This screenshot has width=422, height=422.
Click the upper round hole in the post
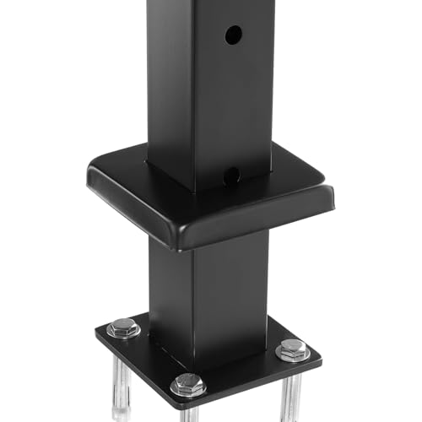click(x=234, y=35)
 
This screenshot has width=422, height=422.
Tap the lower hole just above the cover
click(x=231, y=176)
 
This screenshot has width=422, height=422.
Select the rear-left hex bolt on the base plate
click(x=124, y=327)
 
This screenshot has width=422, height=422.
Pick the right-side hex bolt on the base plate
click(x=292, y=348)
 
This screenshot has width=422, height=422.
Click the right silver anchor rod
click(x=290, y=392)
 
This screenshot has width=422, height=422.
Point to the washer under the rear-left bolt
click(x=124, y=334)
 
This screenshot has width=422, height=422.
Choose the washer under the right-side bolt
click(x=292, y=355)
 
